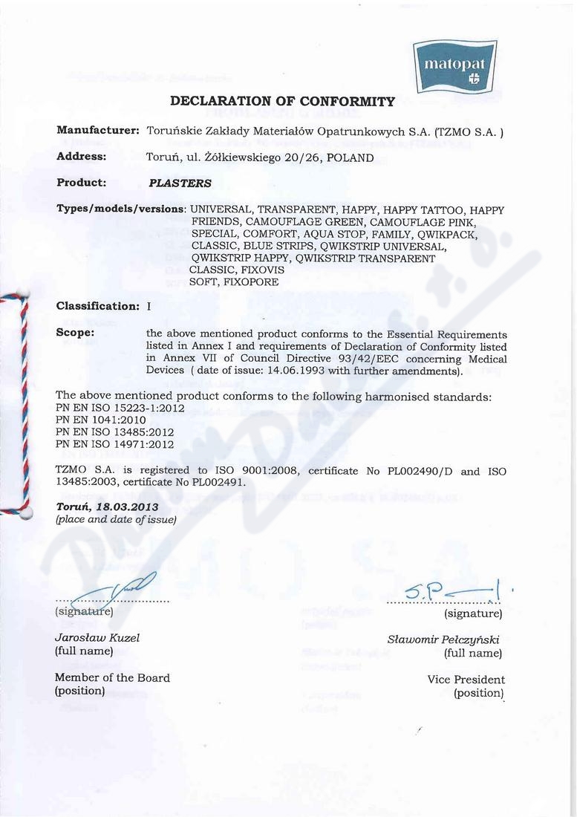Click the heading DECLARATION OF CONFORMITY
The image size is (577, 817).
pos(283,101)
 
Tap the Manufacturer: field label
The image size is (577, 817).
pos(98,131)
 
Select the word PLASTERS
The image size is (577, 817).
pos(180,183)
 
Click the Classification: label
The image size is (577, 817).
pos(98,306)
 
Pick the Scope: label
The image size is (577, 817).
pos(76,333)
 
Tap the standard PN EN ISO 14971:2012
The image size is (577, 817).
pos(115,444)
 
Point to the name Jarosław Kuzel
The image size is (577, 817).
pos(97,637)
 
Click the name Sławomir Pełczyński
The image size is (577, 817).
pos(445,639)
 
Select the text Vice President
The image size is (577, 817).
pos(466,680)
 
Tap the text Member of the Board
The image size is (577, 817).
pos(112,677)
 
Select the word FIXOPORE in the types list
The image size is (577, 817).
pos(252,283)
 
